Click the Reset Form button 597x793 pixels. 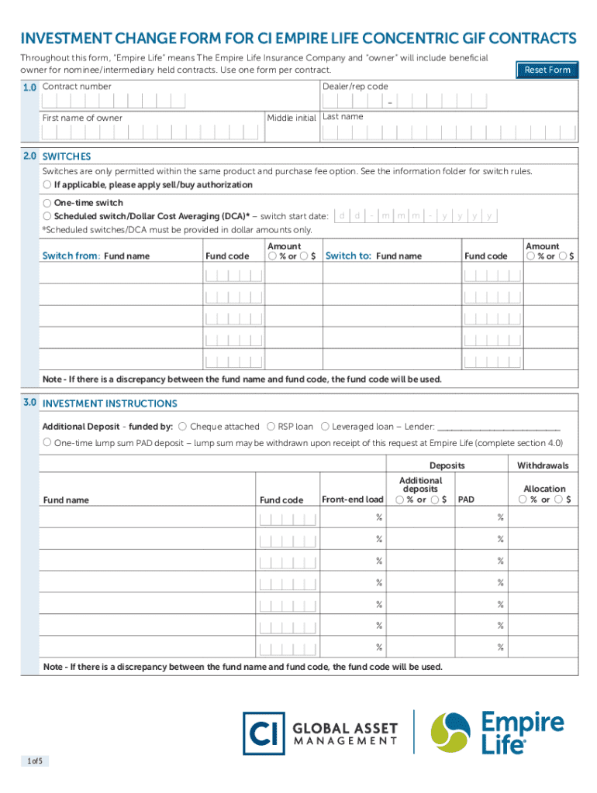(x=547, y=70)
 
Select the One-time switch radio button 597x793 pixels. (x=47, y=203)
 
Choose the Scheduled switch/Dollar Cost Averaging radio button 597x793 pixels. (x=47, y=216)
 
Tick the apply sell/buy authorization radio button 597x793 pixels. (x=47, y=185)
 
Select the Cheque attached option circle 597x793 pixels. (x=182, y=426)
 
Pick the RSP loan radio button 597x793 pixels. (x=271, y=426)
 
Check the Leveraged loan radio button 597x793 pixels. (x=325, y=426)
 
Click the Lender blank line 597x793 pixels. (x=499, y=427)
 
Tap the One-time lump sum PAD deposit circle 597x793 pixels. (x=47, y=442)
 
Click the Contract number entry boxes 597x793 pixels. (x=114, y=101)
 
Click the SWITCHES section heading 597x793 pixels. (x=67, y=156)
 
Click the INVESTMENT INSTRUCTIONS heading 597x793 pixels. (x=109, y=403)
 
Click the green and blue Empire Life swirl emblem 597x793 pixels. (x=450, y=733)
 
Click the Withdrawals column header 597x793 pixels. (x=543, y=465)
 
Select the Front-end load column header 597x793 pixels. (x=352, y=499)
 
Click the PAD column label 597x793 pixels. (x=466, y=499)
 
